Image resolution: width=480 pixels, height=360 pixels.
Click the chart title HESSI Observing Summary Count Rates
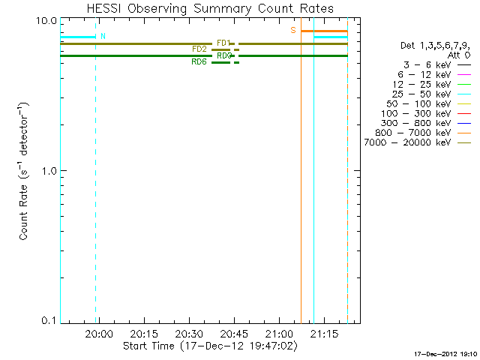[209, 8]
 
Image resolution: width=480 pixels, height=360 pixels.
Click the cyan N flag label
[103, 36]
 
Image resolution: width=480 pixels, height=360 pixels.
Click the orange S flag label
[293, 30]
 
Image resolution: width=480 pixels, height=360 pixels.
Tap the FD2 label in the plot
[199, 49]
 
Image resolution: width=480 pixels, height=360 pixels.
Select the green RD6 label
[199, 61]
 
